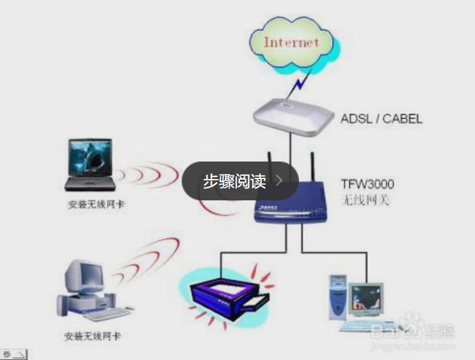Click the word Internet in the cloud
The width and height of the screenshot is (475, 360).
pyautogui.click(x=291, y=43)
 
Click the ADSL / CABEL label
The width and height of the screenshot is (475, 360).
pyautogui.click(x=381, y=118)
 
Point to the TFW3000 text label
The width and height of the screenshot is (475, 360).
pyautogui.click(x=367, y=185)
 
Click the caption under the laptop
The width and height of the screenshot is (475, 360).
pyautogui.click(x=96, y=205)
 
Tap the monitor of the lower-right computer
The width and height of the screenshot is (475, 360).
pyautogui.click(x=366, y=299)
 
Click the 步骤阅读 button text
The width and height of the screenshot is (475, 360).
pyautogui.click(x=234, y=181)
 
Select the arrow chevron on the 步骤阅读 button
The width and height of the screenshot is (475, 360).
pyautogui.click(x=279, y=181)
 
